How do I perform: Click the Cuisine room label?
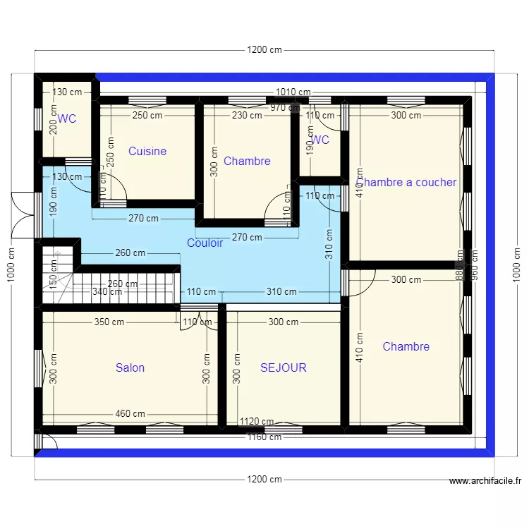click(147, 151)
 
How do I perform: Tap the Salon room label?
click(130, 367)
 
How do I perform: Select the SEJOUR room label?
click(283, 367)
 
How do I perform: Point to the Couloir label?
click(205, 243)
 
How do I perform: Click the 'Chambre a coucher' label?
click(407, 182)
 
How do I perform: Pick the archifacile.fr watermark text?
click(485, 482)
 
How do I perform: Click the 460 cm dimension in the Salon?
click(130, 414)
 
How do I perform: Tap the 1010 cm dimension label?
click(293, 92)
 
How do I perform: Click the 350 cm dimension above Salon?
click(109, 322)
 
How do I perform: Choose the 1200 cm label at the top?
click(264, 50)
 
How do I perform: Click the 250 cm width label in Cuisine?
click(147, 116)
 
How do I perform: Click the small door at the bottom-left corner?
click(48, 442)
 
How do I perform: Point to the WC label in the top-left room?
click(67, 119)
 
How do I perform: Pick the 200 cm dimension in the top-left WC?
click(52, 123)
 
